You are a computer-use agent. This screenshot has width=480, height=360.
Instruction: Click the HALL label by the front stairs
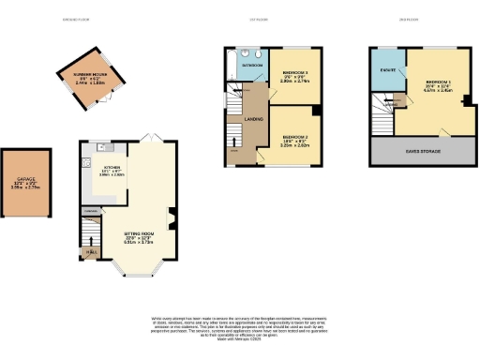92,251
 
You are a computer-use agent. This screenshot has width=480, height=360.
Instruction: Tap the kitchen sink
109,146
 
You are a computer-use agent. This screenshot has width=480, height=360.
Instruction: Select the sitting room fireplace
172,221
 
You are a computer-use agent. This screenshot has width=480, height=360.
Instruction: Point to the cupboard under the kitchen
91,212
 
